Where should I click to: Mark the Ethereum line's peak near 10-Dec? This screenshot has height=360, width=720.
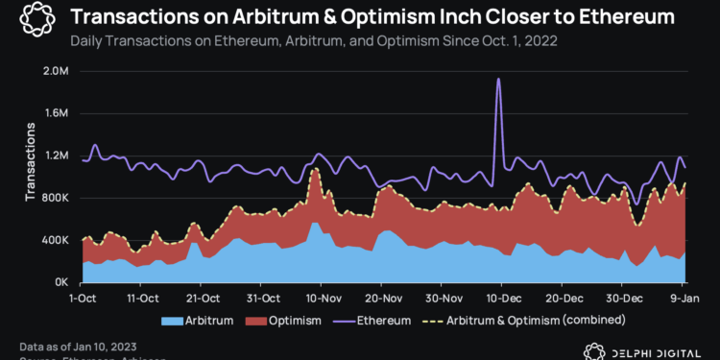click(x=498, y=80)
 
